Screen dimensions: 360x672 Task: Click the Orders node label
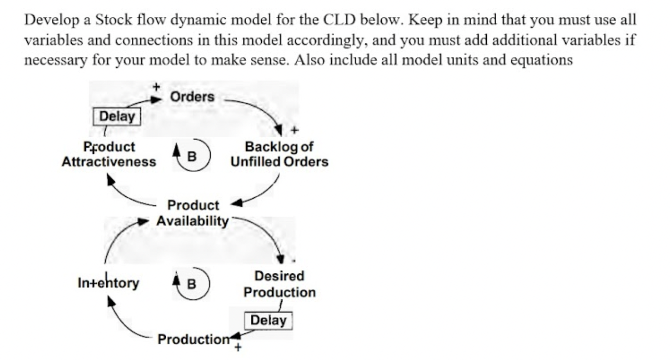(x=192, y=97)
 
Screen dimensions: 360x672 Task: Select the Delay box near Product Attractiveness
(x=117, y=117)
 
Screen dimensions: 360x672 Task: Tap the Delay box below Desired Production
(x=268, y=321)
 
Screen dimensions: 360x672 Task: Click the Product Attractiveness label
(x=109, y=154)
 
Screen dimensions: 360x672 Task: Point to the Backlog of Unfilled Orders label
(x=279, y=154)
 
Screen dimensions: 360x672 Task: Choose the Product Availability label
(x=193, y=213)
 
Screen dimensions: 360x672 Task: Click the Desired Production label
(x=279, y=284)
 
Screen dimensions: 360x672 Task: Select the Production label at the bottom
(x=193, y=339)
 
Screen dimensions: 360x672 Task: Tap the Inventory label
(x=108, y=283)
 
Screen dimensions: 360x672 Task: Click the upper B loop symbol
(x=192, y=156)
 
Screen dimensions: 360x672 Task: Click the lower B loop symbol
(x=192, y=284)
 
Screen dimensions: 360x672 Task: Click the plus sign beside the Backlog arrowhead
(x=295, y=129)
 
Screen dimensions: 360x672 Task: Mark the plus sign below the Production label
(x=238, y=347)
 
